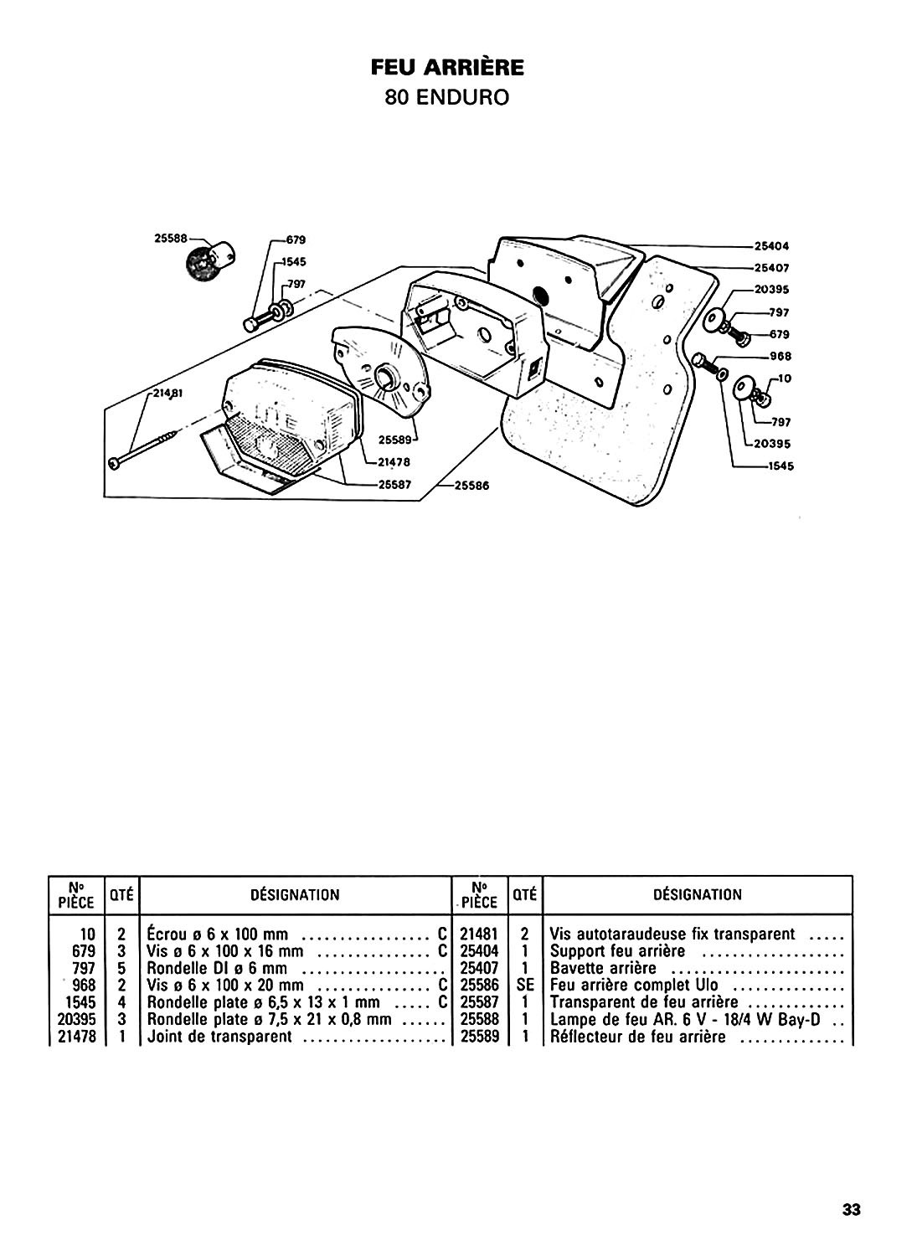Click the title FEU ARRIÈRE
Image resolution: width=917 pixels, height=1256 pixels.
click(447, 68)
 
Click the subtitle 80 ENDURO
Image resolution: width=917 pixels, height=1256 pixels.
click(447, 98)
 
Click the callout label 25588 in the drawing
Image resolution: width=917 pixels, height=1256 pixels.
click(171, 239)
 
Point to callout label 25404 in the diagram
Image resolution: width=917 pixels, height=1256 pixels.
click(771, 246)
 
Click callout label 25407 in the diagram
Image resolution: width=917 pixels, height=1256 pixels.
click(771, 268)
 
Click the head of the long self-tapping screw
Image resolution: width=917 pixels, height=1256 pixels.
click(114, 463)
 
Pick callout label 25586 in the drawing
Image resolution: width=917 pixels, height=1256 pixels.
click(471, 486)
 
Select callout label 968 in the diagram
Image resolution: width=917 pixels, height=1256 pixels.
click(780, 356)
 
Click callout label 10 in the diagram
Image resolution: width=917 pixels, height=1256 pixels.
click(785, 378)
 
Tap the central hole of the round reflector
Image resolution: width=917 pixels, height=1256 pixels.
click(386, 374)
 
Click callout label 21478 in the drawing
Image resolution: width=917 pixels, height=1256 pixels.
click(394, 462)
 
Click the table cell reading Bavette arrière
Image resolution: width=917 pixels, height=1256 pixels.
click(603, 968)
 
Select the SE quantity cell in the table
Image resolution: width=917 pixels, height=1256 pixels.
click(525, 986)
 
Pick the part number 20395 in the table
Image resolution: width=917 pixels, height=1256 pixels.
click(77, 1019)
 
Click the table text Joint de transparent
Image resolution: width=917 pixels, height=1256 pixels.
click(219, 1037)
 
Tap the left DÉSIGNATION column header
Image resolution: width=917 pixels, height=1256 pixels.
click(295, 895)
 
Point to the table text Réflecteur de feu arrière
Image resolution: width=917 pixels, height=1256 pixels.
click(637, 1037)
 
